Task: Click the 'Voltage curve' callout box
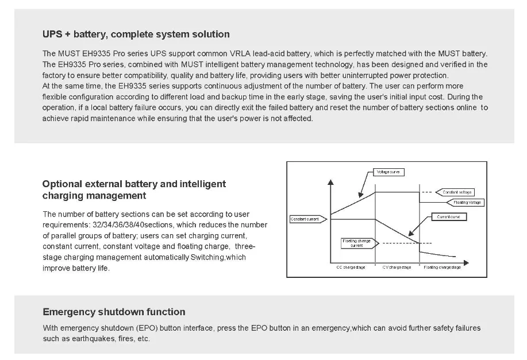tap(389, 172)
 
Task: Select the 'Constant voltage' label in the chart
tap(457, 192)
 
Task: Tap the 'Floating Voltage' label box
tap(467, 202)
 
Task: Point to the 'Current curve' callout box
tap(448, 217)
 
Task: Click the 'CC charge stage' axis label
tap(351, 268)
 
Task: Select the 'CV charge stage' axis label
tap(397, 268)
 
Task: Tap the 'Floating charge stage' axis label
tap(442, 268)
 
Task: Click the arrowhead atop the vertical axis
tap(330, 183)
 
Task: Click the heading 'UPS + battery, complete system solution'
tap(136, 34)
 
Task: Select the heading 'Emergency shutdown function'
tap(114, 312)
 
